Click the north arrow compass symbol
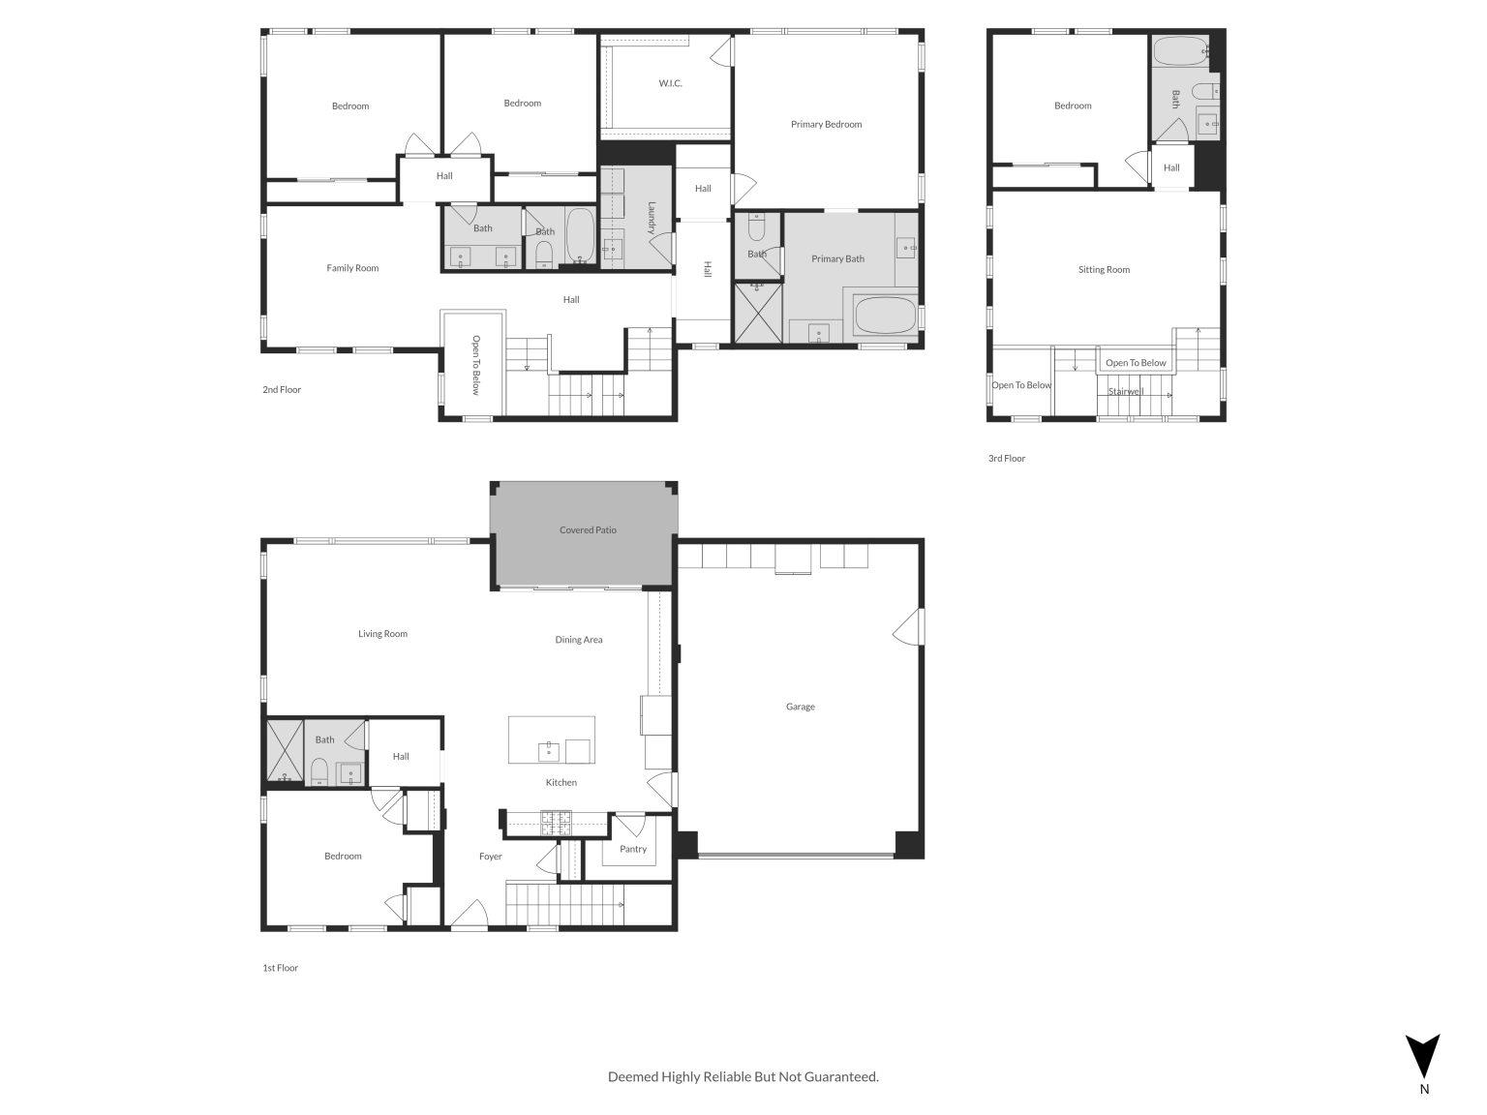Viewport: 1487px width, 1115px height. (1422, 1056)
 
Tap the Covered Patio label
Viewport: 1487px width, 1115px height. (588, 530)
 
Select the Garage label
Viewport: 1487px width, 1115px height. (800, 707)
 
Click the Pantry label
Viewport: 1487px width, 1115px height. (633, 849)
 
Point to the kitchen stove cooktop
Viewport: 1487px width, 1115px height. (557, 823)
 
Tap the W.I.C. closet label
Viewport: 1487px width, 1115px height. (670, 83)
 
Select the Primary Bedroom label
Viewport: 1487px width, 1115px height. (826, 124)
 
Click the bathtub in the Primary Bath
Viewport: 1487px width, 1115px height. (885, 316)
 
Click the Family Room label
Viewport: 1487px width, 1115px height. (352, 268)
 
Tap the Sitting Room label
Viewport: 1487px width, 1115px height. (1104, 270)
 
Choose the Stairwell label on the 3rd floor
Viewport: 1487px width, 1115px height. (1126, 392)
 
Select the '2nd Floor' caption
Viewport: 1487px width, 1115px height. (282, 390)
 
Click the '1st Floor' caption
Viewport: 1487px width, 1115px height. (280, 968)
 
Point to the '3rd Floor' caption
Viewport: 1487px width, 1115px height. (1006, 459)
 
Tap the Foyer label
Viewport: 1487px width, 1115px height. (491, 857)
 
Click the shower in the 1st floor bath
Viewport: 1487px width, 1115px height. (285, 752)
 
